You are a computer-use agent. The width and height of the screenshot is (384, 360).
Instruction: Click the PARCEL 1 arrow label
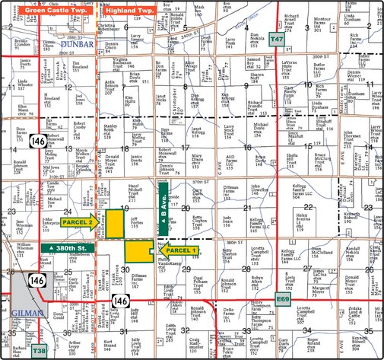point(179,250)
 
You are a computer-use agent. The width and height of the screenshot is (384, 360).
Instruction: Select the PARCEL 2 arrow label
point(80,222)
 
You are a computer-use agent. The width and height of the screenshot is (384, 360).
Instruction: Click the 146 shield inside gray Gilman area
point(36,281)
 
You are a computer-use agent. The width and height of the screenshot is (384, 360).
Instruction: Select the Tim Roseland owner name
point(78,68)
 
